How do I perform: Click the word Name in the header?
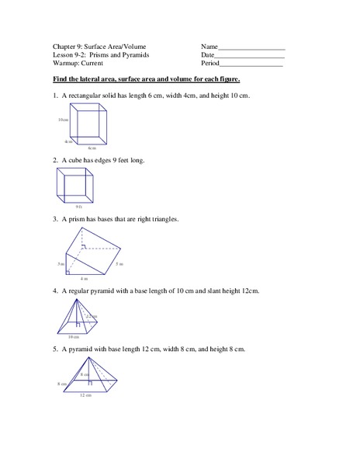tap(209, 47)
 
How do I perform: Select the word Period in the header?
tap(211, 66)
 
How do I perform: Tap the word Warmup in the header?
tap(67, 66)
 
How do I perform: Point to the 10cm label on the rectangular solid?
tap(62, 120)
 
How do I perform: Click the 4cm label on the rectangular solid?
tap(68, 141)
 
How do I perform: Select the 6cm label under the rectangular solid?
tap(92, 148)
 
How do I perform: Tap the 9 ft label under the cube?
tap(78, 207)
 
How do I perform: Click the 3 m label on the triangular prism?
tap(60, 265)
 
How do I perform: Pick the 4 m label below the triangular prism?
tap(85, 277)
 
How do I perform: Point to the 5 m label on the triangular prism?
tap(119, 265)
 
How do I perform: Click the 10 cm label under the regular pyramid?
tap(74, 337)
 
